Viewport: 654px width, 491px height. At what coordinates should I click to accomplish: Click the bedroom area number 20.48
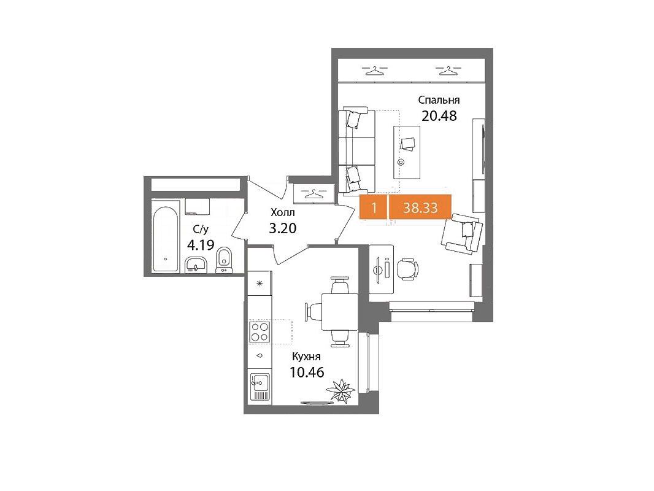[x=439, y=115]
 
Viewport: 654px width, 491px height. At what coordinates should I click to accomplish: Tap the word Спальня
[x=439, y=100]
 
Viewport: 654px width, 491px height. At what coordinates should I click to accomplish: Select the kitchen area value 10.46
[x=307, y=372]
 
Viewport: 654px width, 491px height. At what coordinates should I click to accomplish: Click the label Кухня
[x=307, y=357]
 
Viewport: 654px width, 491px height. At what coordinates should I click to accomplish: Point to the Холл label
[x=283, y=212]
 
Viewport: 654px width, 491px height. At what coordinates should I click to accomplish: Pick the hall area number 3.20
[x=283, y=228]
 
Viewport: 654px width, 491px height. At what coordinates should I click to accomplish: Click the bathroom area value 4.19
[x=201, y=244]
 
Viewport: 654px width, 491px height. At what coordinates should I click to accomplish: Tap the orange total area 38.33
[x=420, y=207]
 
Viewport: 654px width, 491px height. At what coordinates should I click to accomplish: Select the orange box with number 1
[x=374, y=207]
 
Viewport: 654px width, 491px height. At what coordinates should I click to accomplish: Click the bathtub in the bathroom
[x=166, y=236]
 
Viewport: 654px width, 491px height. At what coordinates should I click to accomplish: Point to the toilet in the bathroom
[x=225, y=260]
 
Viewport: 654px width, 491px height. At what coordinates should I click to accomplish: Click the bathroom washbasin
[x=196, y=265]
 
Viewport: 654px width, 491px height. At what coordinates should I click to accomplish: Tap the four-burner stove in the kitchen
[x=260, y=332]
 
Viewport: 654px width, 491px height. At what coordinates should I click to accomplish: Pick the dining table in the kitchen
[x=339, y=312]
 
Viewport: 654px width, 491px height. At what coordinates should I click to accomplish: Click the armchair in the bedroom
[x=462, y=233]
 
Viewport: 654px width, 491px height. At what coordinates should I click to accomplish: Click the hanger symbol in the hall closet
[x=312, y=194]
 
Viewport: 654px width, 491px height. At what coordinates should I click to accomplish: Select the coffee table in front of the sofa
[x=407, y=152]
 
